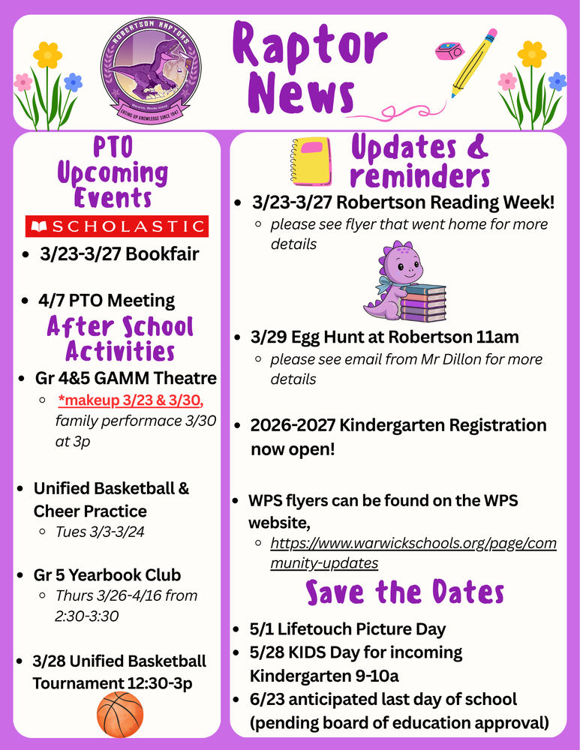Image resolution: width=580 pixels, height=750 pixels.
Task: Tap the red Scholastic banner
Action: tap(116, 226)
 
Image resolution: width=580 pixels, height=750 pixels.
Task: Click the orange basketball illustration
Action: tap(120, 714)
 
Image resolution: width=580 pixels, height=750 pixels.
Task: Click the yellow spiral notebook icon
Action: tap(310, 161)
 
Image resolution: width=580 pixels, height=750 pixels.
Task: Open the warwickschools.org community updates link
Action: tap(413, 553)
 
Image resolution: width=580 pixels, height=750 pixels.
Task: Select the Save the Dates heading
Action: tap(404, 592)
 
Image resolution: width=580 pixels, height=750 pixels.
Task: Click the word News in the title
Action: tap(301, 95)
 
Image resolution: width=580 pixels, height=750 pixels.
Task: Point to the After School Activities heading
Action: tap(120, 339)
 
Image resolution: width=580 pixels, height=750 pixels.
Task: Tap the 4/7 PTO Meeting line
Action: tap(107, 301)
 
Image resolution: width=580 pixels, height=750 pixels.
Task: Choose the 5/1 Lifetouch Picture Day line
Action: tap(348, 629)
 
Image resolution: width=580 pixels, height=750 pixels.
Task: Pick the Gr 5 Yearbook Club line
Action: tap(107, 575)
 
